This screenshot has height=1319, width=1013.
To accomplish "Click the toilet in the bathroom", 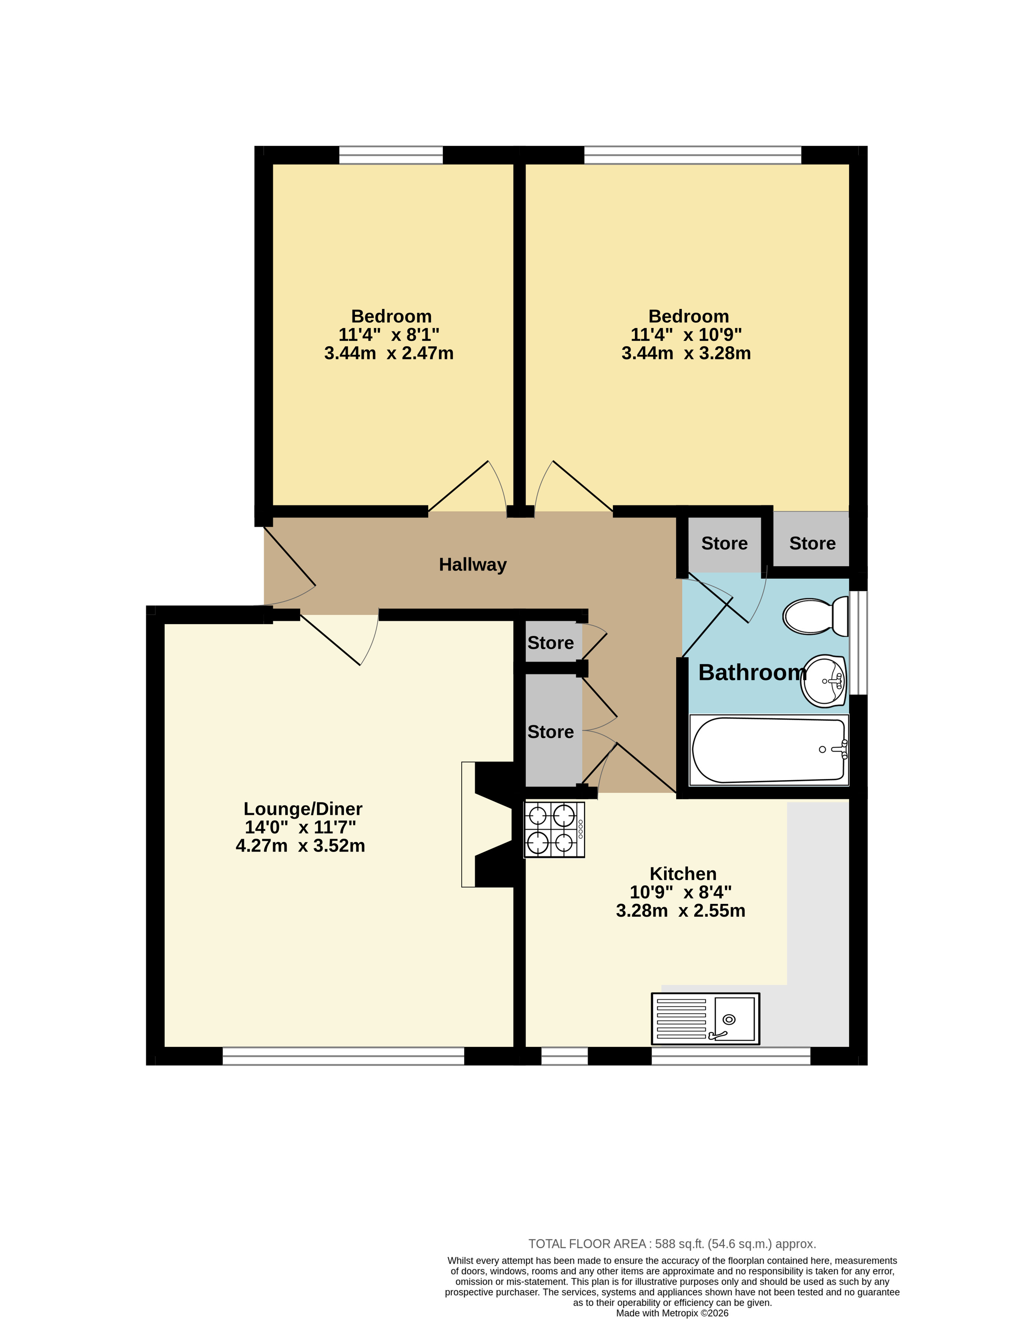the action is coord(815,616).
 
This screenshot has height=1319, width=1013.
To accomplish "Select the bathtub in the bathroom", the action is coord(769,750).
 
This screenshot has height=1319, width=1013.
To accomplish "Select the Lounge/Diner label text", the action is coord(303,809).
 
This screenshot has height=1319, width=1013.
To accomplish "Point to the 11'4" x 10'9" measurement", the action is coord(686,335).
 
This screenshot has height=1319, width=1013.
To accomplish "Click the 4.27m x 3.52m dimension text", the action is coord(300,846).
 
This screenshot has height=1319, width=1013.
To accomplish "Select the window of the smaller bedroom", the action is coord(391,155).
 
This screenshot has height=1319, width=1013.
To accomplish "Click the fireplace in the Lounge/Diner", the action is coord(487,824).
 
